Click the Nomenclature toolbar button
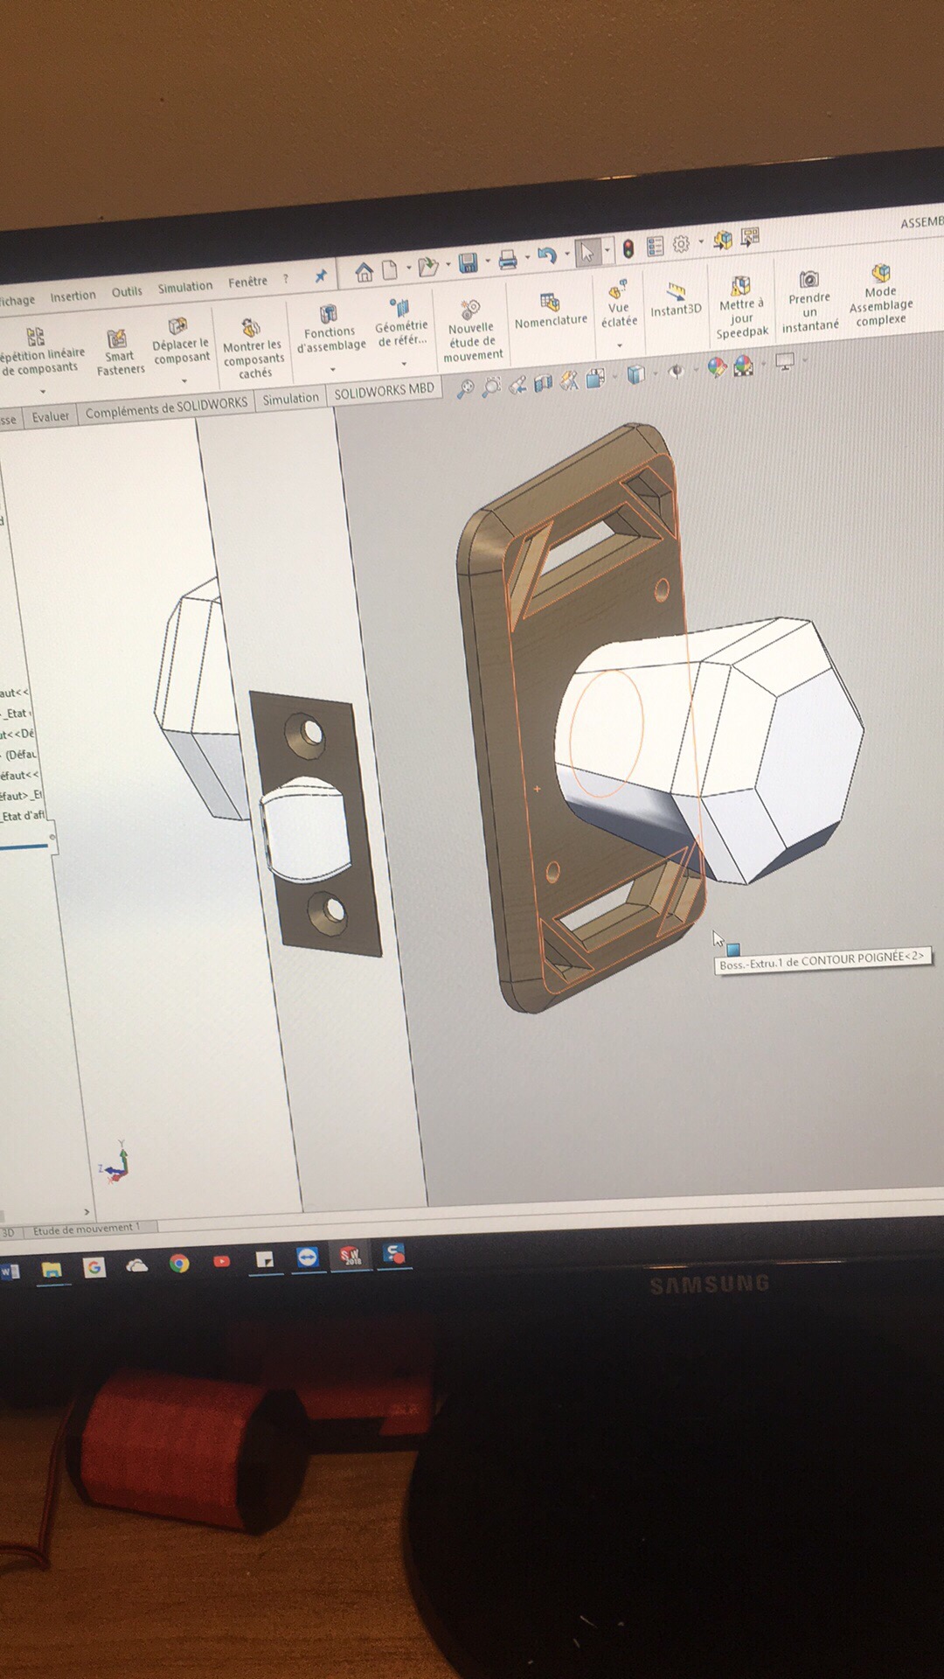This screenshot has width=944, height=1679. (551, 311)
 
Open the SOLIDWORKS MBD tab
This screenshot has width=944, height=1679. (384, 391)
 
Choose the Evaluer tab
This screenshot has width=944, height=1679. (50, 416)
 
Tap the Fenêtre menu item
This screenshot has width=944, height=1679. (247, 282)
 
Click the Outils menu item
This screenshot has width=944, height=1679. (127, 291)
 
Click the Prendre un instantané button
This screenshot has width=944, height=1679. (809, 301)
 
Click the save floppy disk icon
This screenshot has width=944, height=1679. (468, 263)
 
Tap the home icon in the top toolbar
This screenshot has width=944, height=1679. (364, 272)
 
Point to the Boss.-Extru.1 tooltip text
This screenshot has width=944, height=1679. (821, 959)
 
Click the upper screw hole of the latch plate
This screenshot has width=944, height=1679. (309, 732)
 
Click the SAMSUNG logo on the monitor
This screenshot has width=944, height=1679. (709, 1284)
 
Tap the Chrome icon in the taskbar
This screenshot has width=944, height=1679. (179, 1264)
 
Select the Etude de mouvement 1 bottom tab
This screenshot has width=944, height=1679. (86, 1229)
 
